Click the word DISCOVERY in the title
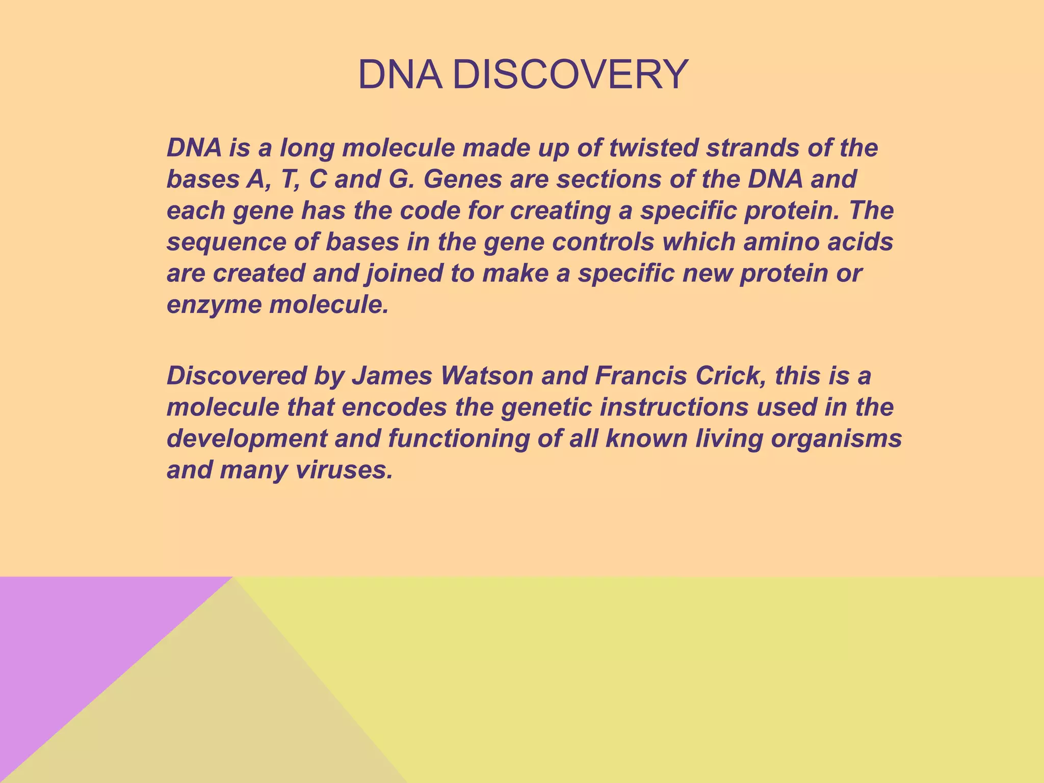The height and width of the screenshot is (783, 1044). click(x=570, y=75)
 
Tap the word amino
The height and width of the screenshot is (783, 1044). click(x=781, y=242)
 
